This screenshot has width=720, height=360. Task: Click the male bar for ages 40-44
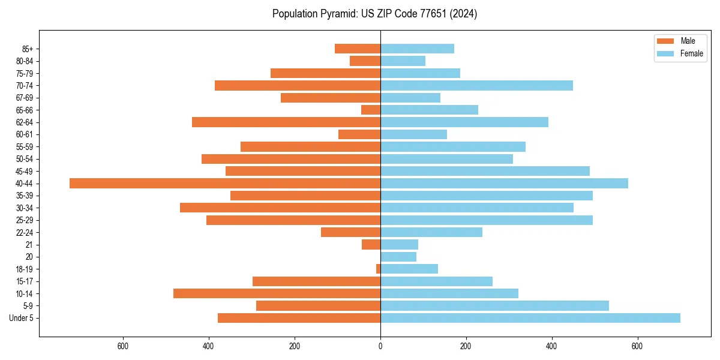click(225, 184)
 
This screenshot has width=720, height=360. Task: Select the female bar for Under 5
click(530, 318)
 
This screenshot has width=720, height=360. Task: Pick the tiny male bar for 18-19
click(378, 269)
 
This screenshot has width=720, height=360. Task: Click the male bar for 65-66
click(371, 110)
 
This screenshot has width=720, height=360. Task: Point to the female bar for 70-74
click(476, 85)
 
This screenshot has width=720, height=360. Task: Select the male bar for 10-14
click(277, 293)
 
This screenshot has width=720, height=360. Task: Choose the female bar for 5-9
click(494, 305)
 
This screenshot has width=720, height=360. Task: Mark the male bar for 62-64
click(286, 122)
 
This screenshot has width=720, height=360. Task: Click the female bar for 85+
click(417, 49)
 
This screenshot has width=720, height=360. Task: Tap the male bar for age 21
click(371, 244)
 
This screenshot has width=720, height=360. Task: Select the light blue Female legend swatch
click(665, 53)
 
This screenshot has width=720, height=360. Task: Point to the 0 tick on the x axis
click(380, 346)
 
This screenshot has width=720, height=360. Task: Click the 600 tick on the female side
click(637, 346)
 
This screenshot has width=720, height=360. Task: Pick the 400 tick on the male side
click(209, 346)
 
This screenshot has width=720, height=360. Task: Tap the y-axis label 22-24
click(25, 232)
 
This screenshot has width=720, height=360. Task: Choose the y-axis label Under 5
click(22, 318)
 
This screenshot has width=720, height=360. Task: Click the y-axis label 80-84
click(25, 61)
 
